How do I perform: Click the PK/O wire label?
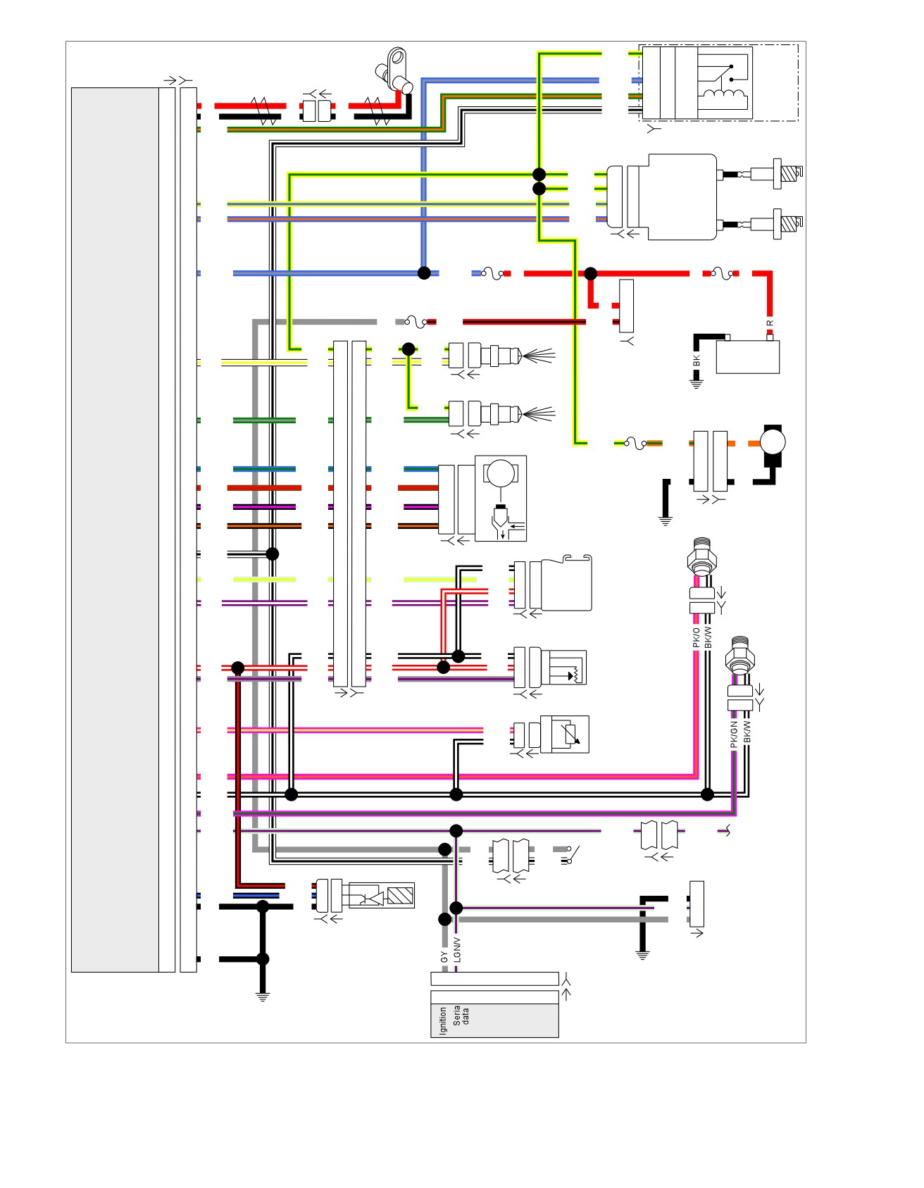697,637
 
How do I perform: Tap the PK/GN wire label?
734,734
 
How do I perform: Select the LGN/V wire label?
457,949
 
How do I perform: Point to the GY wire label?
444,957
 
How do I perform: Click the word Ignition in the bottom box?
443,1020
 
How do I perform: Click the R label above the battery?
770,323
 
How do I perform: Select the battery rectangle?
747,356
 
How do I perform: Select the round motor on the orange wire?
773,443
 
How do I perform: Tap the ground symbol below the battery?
697,384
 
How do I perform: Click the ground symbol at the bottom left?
263,996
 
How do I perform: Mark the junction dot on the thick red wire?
590,273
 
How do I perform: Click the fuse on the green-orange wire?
635,443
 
